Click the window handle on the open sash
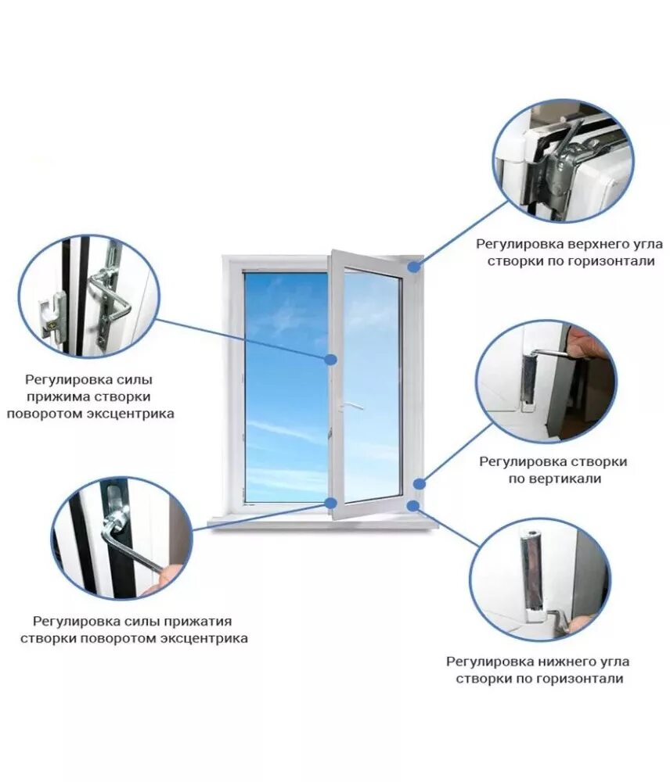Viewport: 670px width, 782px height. (350, 407)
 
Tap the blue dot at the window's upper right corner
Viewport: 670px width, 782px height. (412, 267)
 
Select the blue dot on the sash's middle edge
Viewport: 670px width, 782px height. (331, 359)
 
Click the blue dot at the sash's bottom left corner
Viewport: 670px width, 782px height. (331, 503)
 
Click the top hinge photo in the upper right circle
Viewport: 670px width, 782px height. (562, 161)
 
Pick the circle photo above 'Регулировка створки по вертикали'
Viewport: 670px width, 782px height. (546, 381)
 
